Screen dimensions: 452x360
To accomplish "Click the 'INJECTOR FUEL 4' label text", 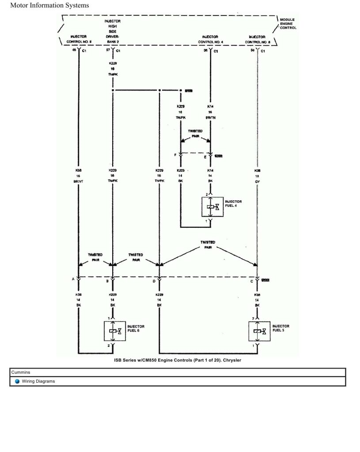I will coord(233,203).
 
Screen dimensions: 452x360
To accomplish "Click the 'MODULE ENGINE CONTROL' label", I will coord(288,23).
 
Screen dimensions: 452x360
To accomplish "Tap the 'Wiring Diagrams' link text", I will coord(38,381).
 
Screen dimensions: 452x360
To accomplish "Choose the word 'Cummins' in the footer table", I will coord(21,373).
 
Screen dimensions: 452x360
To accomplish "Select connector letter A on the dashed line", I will coord(73,279).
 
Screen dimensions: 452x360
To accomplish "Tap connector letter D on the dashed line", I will coord(154,281).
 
